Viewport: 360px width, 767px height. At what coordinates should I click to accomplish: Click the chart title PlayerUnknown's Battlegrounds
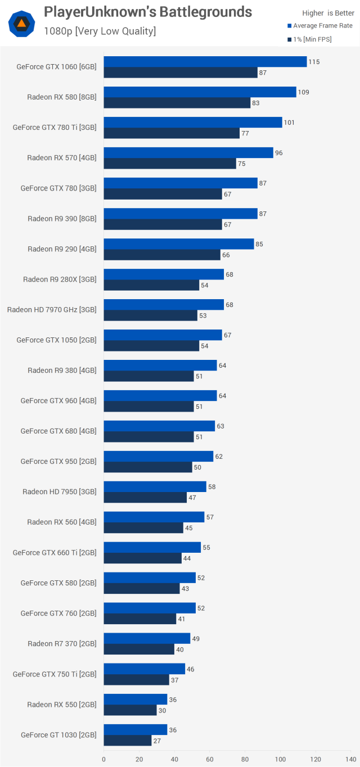point(148,12)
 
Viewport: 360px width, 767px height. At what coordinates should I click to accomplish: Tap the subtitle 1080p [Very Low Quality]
point(100,31)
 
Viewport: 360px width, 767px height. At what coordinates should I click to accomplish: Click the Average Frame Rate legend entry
point(322,26)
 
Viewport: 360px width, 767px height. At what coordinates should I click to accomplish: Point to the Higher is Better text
point(328,13)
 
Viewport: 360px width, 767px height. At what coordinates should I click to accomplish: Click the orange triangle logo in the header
point(22,24)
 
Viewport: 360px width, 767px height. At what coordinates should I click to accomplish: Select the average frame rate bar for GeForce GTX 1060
point(205,62)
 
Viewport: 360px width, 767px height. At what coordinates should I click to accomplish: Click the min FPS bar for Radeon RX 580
point(177,103)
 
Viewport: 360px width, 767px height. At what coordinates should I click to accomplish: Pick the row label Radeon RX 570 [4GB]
point(62,158)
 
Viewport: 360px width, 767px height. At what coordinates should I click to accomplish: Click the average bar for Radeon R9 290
point(178,244)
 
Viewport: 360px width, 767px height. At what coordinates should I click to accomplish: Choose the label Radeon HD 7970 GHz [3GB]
point(52,310)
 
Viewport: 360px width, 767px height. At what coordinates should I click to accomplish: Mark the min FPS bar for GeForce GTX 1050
point(151,346)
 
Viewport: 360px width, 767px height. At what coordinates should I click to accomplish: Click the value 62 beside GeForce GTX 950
point(219,457)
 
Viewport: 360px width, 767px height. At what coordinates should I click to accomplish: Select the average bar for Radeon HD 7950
point(155,487)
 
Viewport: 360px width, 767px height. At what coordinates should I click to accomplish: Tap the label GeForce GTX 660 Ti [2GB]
point(55,553)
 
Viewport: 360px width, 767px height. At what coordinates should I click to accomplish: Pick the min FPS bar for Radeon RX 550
point(130,710)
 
